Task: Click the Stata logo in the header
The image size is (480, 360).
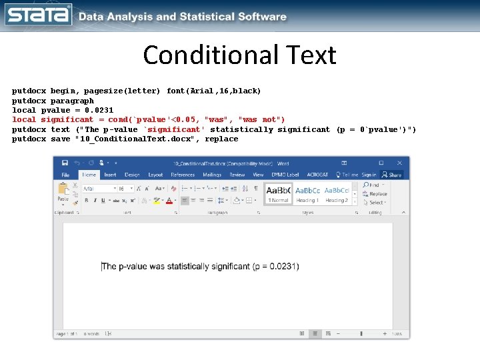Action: pos(38,15)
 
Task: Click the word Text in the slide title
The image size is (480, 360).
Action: pos(308,55)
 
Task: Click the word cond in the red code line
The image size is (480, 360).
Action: pos(119,119)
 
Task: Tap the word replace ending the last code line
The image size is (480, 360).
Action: pos(221,139)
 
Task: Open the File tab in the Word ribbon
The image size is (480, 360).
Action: pos(65,175)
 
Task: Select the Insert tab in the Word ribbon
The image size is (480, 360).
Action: pos(110,175)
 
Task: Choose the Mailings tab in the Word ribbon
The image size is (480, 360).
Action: pos(212,175)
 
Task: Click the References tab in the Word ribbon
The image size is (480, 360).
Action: pos(183,175)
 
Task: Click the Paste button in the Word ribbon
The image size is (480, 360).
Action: pos(63,193)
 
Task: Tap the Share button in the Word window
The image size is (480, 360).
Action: pos(393,175)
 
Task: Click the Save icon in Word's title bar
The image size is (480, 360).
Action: pos(65,163)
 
